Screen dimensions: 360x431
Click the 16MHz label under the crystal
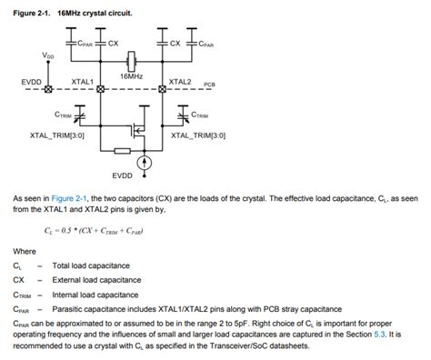132,77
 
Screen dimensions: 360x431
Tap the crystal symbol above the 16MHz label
132,62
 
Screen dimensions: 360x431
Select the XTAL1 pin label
84,81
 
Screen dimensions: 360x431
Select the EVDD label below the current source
123,175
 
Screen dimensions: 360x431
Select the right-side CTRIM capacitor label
201,115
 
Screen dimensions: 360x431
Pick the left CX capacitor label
114,42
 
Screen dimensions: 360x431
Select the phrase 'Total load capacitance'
91,265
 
